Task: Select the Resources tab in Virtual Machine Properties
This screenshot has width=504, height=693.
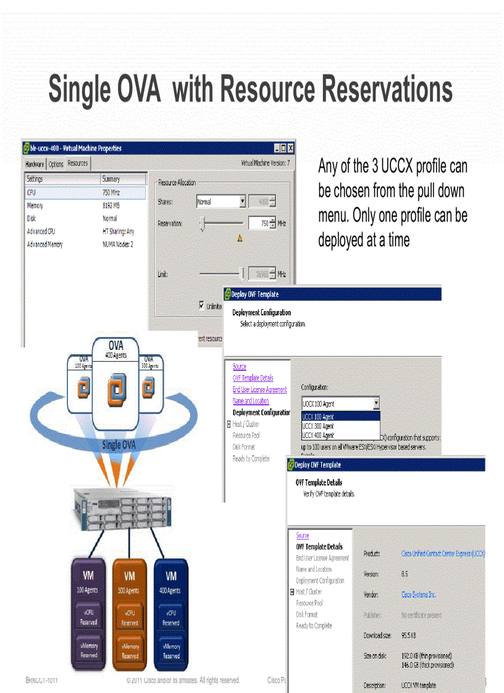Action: point(78,164)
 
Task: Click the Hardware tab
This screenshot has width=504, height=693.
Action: point(35,164)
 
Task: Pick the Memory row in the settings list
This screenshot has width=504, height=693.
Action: point(35,205)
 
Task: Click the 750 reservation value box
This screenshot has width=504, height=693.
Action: point(258,223)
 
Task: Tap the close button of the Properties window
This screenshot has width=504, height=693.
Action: point(290,148)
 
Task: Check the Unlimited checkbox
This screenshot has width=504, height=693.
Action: point(202,305)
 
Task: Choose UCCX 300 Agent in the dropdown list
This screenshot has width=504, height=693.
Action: point(318,426)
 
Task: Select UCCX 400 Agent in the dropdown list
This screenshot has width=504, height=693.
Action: point(318,435)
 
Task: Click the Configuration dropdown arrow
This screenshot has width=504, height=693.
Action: point(376,404)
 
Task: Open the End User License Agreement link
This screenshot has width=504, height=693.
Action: point(259,389)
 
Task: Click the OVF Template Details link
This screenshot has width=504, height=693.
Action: point(253,378)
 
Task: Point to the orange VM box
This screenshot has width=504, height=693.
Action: point(130,614)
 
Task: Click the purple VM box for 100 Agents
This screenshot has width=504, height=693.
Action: point(88,614)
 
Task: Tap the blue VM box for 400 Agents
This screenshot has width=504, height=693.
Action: point(171,614)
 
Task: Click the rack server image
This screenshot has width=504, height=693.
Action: point(120,507)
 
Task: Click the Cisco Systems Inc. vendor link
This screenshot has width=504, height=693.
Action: point(418,595)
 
